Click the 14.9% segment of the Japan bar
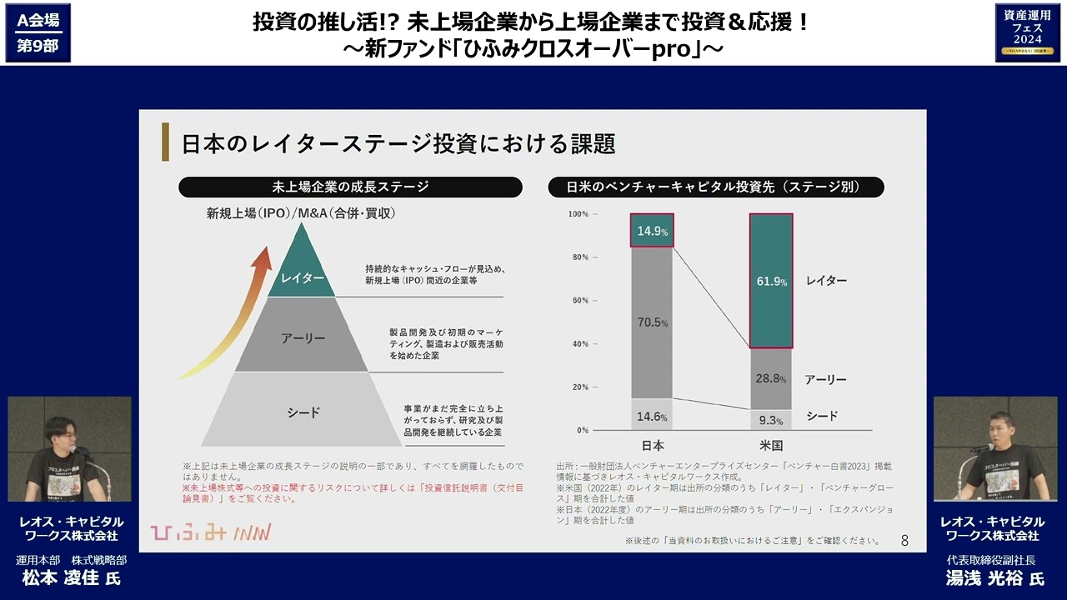tap(652, 231)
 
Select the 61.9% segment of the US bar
tap(771, 281)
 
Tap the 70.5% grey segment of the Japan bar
tap(652, 322)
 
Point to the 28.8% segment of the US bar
tap(771, 378)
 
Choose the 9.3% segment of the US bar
tap(771, 420)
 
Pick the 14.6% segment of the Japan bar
tap(652, 415)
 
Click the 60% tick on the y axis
tap(579, 301)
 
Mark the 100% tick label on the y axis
tap(578, 214)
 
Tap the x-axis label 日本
tap(653, 445)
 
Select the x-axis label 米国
tap(771, 445)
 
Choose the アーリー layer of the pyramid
tap(302, 337)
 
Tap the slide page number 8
tap(904, 541)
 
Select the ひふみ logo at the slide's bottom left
tap(210, 532)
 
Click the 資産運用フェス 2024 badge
tap(1027, 32)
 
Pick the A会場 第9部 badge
tap(38, 32)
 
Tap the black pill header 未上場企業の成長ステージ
tap(350, 187)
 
